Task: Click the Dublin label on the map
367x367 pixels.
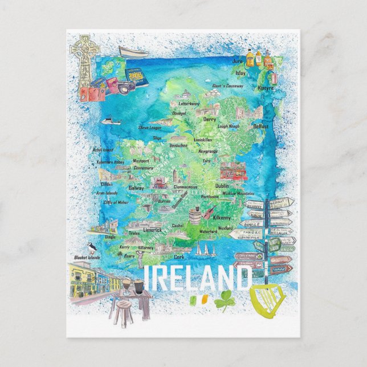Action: (222, 186)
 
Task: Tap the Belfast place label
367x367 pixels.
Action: (261, 126)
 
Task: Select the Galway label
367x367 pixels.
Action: (136, 187)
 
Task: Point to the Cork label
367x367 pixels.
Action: (181, 257)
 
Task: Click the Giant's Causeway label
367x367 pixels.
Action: (228, 86)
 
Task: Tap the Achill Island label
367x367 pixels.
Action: (103, 150)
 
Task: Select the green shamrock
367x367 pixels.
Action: (225, 300)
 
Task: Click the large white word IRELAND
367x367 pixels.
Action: (197, 279)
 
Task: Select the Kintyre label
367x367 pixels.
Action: (265, 88)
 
